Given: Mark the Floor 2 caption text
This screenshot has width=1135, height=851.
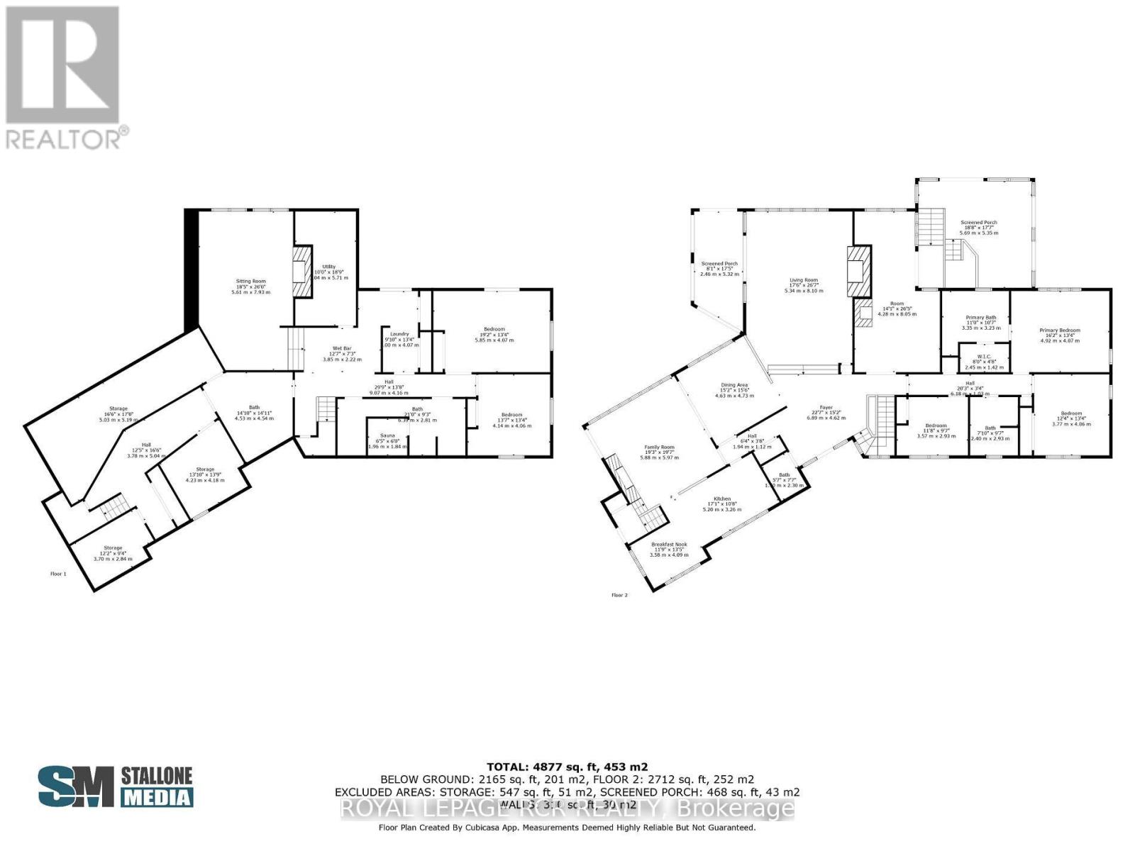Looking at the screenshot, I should [x=619, y=595].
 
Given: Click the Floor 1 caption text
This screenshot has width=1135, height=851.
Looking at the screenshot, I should [x=58, y=573].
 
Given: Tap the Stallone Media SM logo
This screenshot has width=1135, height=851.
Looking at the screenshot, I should [x=76, y=786].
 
